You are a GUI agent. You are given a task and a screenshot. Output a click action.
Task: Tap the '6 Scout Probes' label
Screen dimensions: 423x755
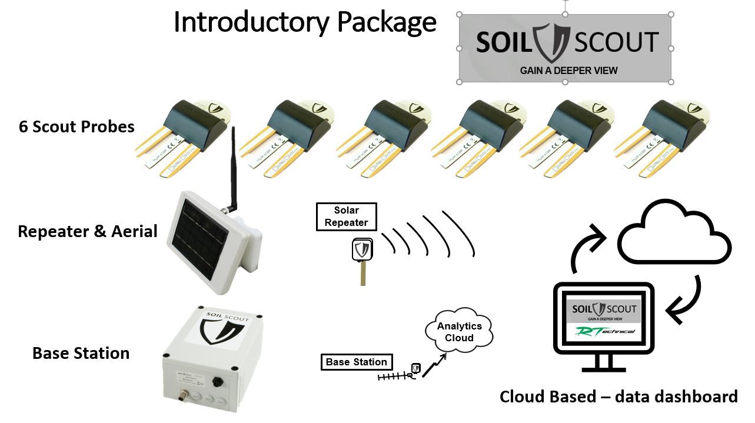pyautogui.click(x=77, y=126)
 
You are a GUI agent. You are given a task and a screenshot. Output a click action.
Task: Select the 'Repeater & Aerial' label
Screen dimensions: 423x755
pyautogui.click(x=88, y=231)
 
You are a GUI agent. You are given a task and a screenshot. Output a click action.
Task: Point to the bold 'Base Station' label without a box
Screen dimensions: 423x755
pyautogui.click(x=81, y=353)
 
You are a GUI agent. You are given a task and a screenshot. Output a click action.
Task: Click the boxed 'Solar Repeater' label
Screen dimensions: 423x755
pyautogui.click(x=346, y=217)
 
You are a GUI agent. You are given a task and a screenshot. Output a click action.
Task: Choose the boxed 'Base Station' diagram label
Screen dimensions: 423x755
pyautogui.click(x=356, y=362)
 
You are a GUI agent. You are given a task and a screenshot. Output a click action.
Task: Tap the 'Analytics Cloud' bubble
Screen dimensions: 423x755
pyautogui.click(x=459, y=332)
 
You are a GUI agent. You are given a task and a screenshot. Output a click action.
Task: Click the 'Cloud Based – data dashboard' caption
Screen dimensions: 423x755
pyautogui.click(x=618, y=397)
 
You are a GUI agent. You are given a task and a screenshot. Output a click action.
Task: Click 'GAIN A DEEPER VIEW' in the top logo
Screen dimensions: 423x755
pyautogui.click(x=568, y=71)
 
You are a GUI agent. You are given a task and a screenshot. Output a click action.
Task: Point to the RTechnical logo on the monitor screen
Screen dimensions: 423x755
pyautogui.click(x=604, y=332)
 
